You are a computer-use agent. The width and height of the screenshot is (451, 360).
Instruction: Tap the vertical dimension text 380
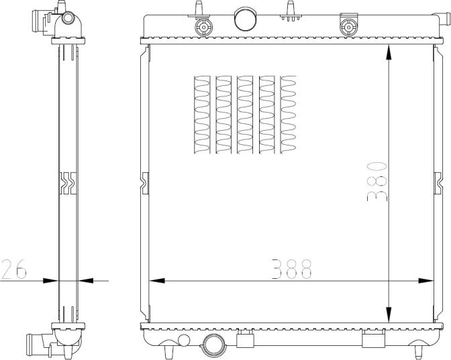point(377,180)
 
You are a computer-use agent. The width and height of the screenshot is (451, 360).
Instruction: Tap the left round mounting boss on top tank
point(202,27)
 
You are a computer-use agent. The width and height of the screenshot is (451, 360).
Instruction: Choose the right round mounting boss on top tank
point(348,27)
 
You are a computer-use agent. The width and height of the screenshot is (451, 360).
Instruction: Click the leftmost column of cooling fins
point(202,114)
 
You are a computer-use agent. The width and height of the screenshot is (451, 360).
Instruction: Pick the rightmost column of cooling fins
point(289,114)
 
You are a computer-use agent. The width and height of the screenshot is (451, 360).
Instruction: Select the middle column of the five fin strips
point(245,114)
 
